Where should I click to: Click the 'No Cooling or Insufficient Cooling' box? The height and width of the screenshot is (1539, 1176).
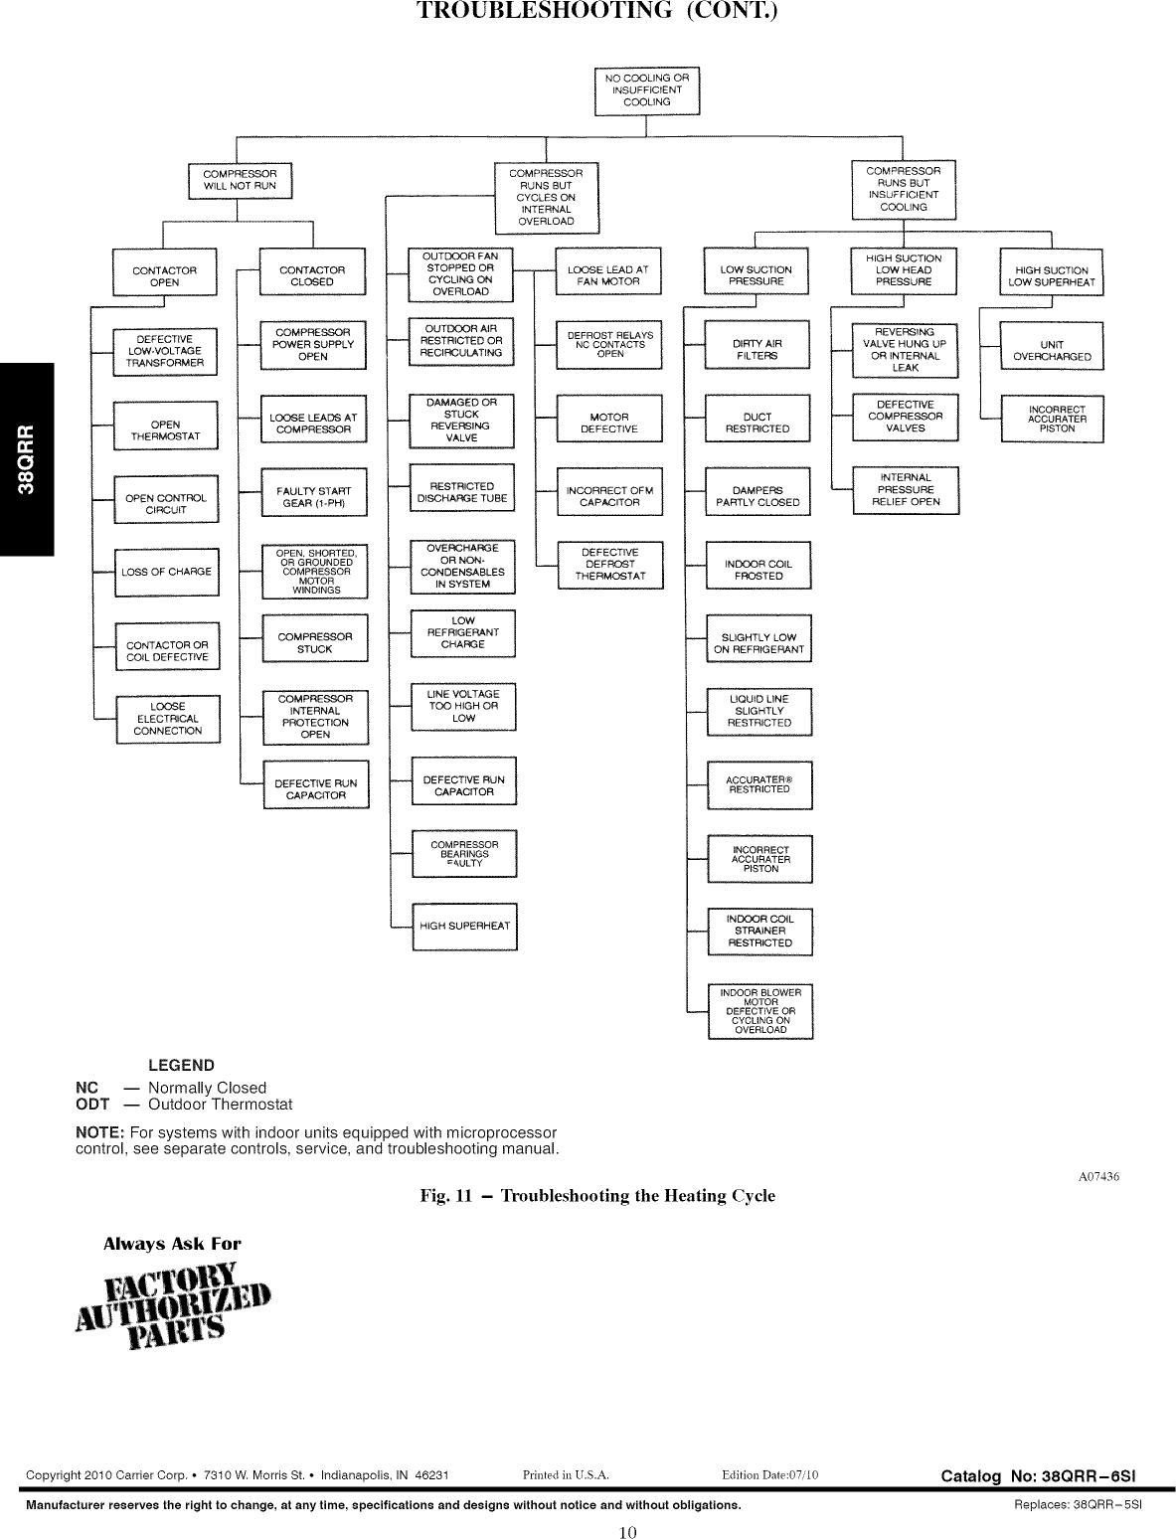point(646,90)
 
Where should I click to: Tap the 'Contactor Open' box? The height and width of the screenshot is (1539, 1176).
point(164,276)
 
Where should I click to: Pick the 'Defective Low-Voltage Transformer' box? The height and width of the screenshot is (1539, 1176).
point(165,351)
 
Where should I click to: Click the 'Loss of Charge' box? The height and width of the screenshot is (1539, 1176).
point(166,572)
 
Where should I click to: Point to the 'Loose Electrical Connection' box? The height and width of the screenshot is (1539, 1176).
point(167,719)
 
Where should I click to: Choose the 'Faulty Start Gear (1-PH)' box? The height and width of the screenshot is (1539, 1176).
point(314,497)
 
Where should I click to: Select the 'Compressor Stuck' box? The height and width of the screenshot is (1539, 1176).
point(314,643)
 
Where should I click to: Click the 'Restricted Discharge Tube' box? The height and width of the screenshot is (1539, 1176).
point(462,492)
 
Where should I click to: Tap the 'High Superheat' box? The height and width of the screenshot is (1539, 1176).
point(464,927)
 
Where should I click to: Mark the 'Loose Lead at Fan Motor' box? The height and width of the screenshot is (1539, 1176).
point(607,275)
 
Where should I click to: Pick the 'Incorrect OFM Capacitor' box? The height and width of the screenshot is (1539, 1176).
point(609,496)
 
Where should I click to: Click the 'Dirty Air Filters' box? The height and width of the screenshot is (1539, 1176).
point(757,350)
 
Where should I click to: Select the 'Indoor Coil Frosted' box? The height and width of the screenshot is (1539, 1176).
point(758,571)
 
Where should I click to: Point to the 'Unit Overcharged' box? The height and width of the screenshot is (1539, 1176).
point(1052,351)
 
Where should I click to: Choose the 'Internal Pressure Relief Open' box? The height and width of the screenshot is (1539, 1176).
point(906,490)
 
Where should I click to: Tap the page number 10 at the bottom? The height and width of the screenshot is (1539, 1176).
point(626,1531)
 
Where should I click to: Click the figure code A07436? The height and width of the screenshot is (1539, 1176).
point(1099,1177)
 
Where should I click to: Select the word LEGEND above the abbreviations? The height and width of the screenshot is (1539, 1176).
point(181,1065)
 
